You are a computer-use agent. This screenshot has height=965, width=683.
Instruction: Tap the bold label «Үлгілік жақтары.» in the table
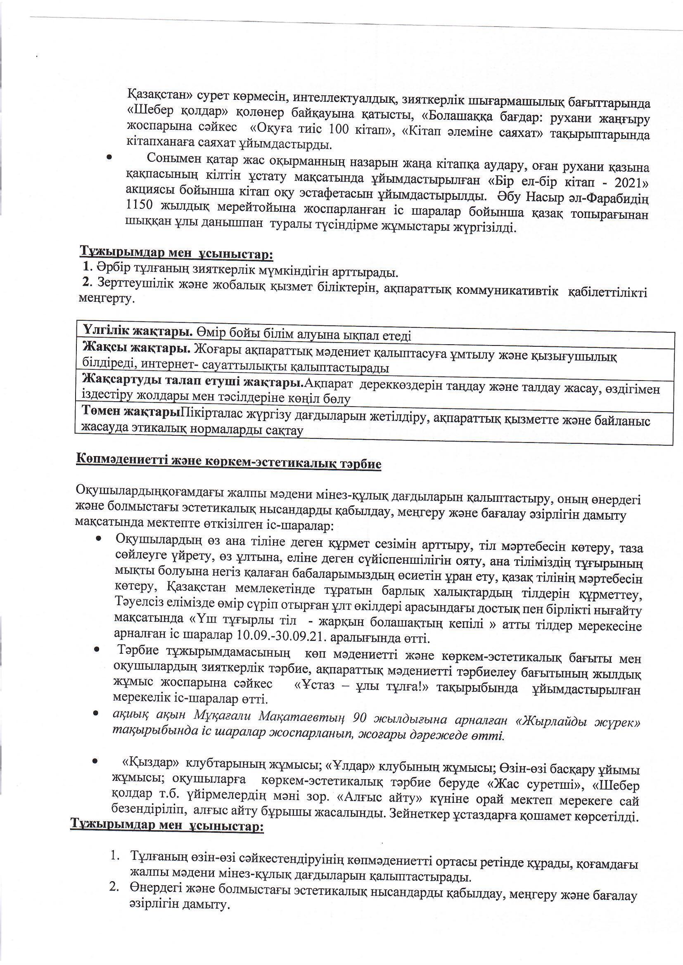point(138,331)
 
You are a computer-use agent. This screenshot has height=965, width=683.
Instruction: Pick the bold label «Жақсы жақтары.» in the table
point(137,348)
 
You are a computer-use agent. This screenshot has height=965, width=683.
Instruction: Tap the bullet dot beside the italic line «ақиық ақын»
point(96,714)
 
